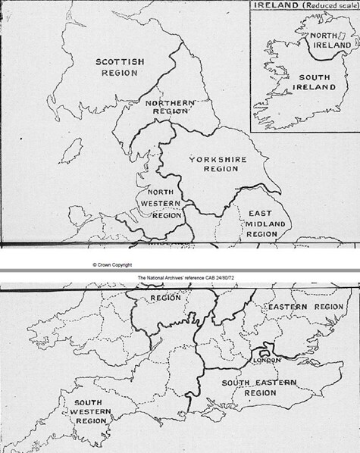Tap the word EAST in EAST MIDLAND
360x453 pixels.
255,214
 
